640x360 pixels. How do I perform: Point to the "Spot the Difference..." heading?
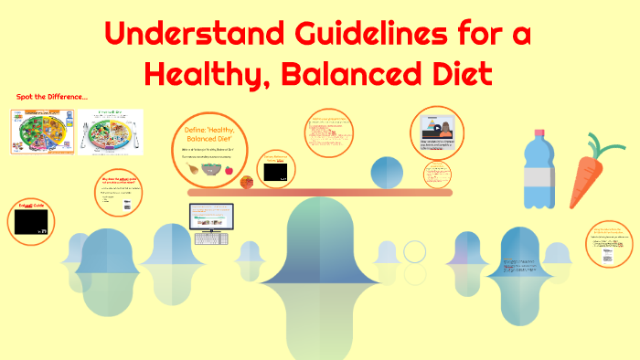pos(52,97)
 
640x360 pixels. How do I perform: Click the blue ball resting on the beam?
pos(388,174)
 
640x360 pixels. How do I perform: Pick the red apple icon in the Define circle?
pos(229,170)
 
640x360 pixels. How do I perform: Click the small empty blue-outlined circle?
pos(414,251)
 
